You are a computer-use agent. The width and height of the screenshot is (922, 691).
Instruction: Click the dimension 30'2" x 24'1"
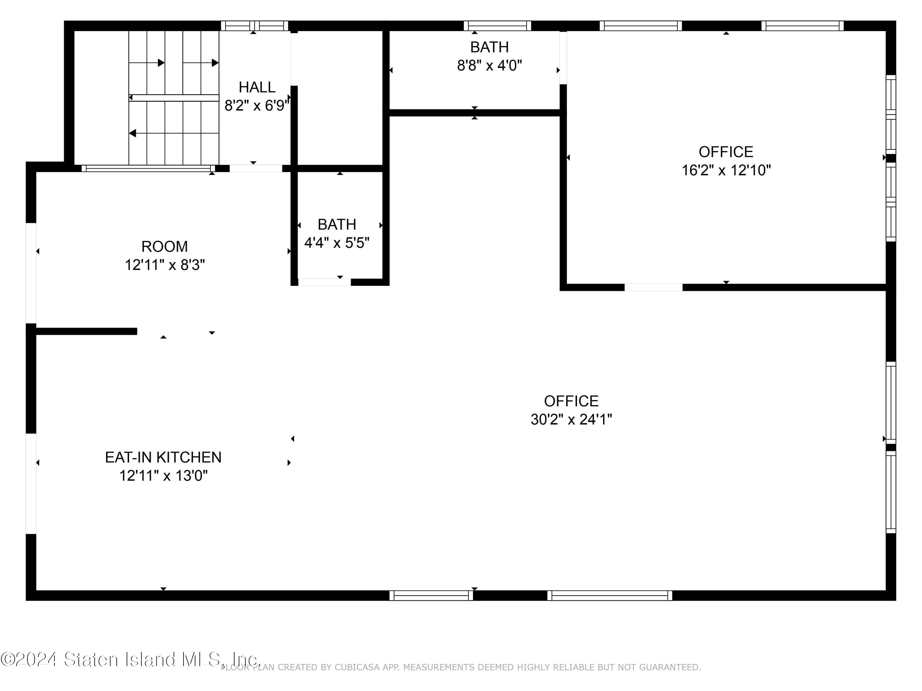pos(571,419)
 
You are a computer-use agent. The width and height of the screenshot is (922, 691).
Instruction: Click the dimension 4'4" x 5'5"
pos(337,242)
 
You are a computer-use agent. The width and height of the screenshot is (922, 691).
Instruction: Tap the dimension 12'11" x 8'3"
pos(165,264)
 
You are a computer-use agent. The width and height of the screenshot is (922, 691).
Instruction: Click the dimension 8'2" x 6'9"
pos(256,105)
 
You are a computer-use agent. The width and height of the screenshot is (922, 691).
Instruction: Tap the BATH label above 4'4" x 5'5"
pos(337,224)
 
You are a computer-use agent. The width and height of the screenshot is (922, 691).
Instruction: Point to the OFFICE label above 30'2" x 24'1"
pos(571,401)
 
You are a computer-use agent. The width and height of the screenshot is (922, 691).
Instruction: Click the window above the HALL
pos(254,26)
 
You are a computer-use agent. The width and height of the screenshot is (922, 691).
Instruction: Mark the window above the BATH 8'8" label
pos(497,26)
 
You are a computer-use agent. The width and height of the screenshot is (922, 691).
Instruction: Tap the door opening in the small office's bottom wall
pos(653,287)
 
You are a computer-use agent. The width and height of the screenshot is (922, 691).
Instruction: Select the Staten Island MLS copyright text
pos(130,659)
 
